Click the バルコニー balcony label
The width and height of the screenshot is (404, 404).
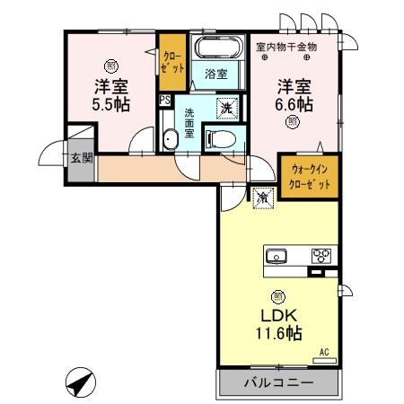[x=279, y=382]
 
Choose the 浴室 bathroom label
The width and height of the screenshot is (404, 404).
[x=215, y=73]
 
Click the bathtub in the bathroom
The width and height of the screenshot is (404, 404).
[x=218, y=49]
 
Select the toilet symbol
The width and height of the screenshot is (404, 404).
[x=219, y=137]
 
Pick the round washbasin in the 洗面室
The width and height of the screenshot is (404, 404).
[x=171, y=138]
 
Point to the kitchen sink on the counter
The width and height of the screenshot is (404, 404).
[x=279, y=255]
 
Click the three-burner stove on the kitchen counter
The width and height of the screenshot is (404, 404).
[x=321, y=255]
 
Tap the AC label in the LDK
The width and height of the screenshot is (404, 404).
[x=324, y=353]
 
